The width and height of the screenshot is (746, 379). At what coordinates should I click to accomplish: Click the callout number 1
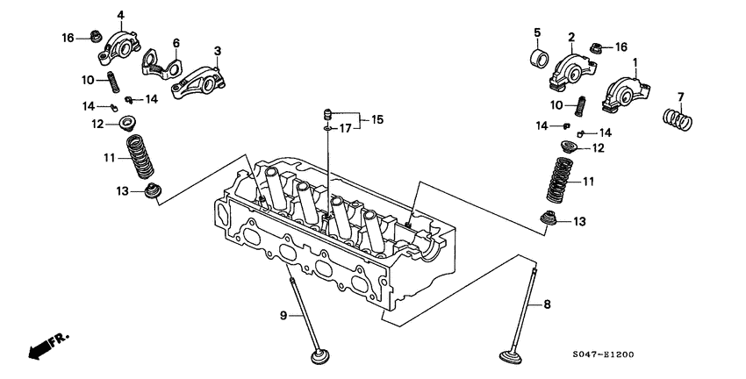pos(636,64)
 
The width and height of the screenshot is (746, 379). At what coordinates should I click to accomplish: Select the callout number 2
pos(570,37)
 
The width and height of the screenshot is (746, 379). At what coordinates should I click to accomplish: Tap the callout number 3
pos(217,52)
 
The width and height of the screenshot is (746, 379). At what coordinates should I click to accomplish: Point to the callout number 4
pos(120,14)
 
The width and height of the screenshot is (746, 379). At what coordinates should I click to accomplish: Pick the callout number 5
pos(536,32)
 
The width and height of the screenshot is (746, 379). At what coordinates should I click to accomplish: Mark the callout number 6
pos(176,42)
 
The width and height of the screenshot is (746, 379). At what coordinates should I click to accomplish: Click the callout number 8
pos(547,305)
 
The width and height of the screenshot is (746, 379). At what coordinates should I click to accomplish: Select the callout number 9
pos(283,314)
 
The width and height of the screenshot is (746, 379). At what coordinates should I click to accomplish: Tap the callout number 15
pos(377,118)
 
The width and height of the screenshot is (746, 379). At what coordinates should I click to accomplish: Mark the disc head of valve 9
pos(321,358)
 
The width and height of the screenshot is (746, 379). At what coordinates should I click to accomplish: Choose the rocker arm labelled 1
pos(625,91)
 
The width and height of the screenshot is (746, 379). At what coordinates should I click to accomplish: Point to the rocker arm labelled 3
pos(198,77)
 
